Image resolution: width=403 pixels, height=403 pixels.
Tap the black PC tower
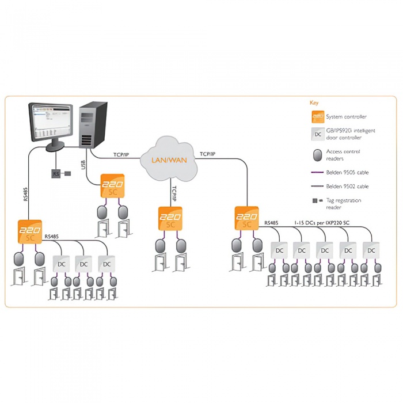pyautogui.click(x=93, y=123)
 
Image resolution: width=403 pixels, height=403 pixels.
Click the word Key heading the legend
pyautogui.click(x=314, y=102)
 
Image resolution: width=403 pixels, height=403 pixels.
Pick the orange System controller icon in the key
pyautogui.click(x=317, y=116)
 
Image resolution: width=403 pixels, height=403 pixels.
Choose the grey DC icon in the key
pyautogui.click(x=317, y=134)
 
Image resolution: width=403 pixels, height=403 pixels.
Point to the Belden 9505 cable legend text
pyautogui.click(x=347, y=172)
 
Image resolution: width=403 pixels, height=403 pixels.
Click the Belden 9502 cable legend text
pyautogui.click(x=347, y=187)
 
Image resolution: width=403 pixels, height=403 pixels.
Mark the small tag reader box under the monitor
pyautogui.click(x=56, y=173)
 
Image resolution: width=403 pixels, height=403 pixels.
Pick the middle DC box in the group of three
pyautogui.click(x=83, y=264)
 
